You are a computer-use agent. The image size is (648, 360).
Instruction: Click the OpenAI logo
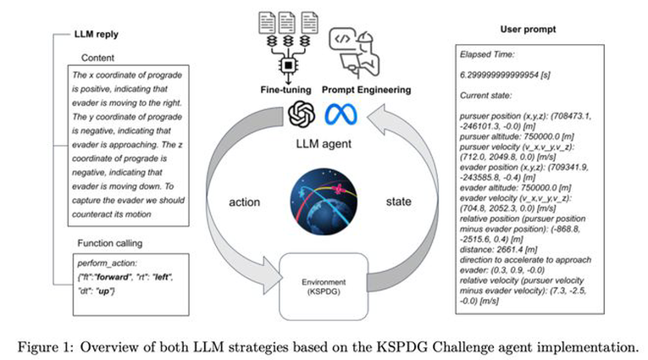pos(302,114)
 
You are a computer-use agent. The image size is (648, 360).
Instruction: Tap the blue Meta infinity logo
pos(341,114)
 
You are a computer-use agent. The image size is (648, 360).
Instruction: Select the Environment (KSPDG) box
pos(324,286)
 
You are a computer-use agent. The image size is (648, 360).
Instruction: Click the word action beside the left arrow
pos(244,202)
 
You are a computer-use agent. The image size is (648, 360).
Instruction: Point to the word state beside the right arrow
pos(398,202)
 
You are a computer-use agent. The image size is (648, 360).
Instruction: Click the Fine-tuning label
pos(285,90)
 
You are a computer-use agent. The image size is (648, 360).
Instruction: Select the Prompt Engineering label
pos(366,90)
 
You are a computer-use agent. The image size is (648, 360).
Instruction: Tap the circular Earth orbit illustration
pos(324,202)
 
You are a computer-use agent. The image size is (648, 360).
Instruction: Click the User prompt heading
pos(528,30)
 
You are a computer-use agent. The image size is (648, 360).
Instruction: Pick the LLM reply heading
pos(97,34)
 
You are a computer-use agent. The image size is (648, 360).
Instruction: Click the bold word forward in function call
pos(113,277)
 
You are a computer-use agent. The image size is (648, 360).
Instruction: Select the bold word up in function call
pos(103,291)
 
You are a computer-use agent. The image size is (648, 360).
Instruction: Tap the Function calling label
pos(110,243)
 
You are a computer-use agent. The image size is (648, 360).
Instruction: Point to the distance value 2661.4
pos(498,250)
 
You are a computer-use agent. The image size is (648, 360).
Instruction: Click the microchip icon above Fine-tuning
pos(289,65)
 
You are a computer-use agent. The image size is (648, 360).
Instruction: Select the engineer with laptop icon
pos(354,52)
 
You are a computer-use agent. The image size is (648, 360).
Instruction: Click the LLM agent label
pos(324,144)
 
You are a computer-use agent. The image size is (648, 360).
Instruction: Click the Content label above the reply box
pos(97,58)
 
